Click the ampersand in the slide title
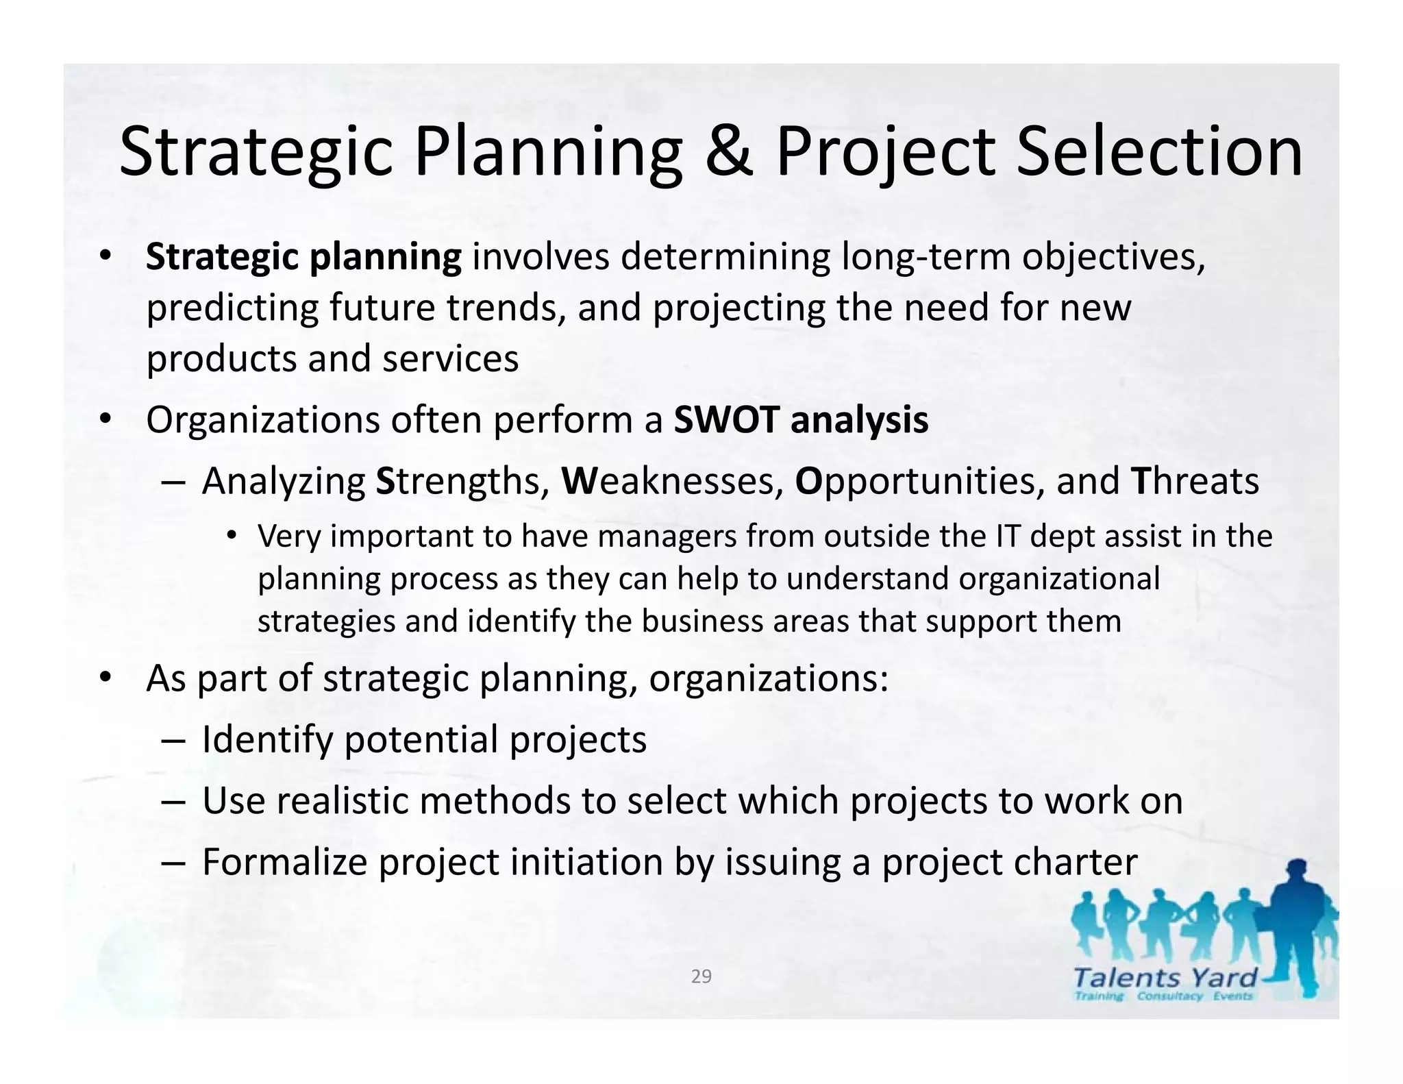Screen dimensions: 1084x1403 tap(728, 152)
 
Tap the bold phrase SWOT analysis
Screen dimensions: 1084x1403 tap(801, 420)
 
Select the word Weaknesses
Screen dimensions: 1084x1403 tap(672, 481)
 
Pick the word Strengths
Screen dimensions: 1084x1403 tap(462, 481)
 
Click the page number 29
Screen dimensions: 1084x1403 tap(701, 976)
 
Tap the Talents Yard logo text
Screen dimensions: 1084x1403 tap(1165, 978)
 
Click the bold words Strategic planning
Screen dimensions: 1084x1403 tap(303, 258)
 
